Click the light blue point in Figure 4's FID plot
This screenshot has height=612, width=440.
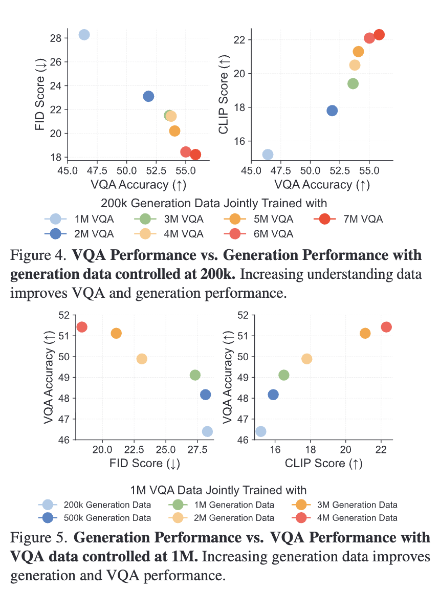[x=84, y=34]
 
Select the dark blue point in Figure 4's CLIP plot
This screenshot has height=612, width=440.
[x=332, y=111]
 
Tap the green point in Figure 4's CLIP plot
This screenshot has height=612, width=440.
[x=353, y=83]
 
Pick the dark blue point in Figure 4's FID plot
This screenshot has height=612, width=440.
[x=148, y=96]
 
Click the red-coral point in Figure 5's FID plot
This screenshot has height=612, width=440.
[x=81, y=326]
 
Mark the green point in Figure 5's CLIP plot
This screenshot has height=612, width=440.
[x=283, y=375]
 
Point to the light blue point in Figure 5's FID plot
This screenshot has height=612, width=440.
[x=207, y=431]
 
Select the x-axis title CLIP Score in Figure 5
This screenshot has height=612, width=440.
[x=314, y=464]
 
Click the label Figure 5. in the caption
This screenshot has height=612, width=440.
[x=39, y=538]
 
